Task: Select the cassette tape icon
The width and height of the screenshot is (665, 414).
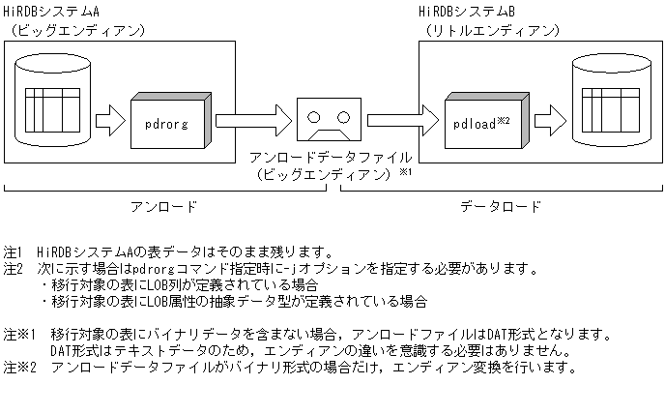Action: [x=331, y=121]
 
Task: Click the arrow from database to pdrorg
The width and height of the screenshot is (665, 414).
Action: [x=111, y=122]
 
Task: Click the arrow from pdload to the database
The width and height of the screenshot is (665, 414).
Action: [x=548, y=122]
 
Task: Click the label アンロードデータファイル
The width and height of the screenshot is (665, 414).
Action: [x=331, y=157]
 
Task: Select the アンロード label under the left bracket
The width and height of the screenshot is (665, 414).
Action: [x=163, y=206]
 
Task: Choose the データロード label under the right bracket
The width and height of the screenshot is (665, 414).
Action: [x=500, y=206]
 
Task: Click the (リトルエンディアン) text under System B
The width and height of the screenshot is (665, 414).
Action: [x=491, y=30]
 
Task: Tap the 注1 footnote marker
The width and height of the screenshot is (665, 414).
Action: [x=14, y=251]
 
